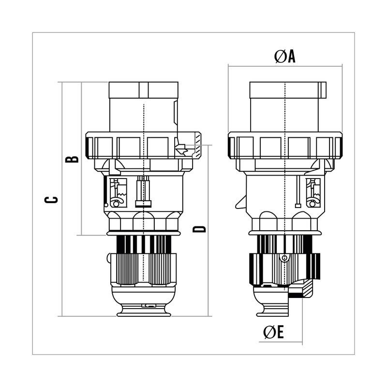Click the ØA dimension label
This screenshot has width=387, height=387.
click(x=284, y=57)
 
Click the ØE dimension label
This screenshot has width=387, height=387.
click(x=273, y=332)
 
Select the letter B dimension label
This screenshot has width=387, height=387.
click(x=72, y=159)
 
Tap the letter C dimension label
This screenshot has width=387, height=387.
click(x=51, y=200)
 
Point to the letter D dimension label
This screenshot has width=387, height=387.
click(x=199, y=229)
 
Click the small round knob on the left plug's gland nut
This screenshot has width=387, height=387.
click(x=108, y=258)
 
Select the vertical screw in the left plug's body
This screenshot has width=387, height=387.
click(x=143, y=192)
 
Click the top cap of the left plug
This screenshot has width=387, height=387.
click(x=143, y=90)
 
